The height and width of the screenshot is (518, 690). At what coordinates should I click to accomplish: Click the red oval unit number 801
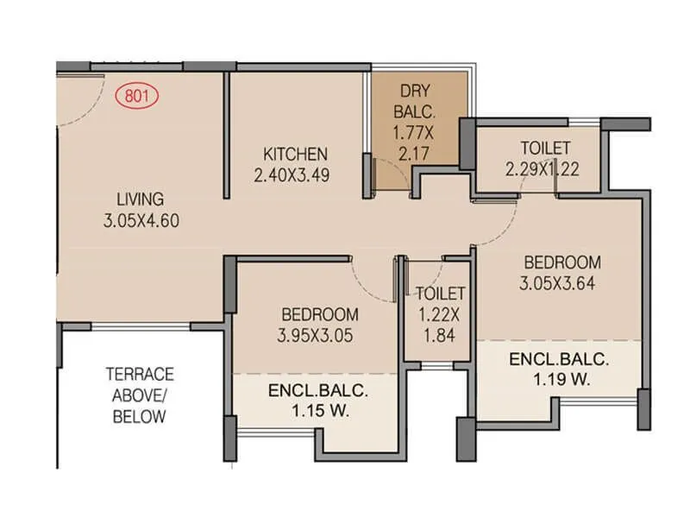(137, 96)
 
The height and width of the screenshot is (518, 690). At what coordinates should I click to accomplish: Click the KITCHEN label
(295, 155)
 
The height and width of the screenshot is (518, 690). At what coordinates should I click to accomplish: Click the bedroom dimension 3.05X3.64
(561, 282)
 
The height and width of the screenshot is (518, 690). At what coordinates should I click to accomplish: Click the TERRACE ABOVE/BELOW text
(140, 395)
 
